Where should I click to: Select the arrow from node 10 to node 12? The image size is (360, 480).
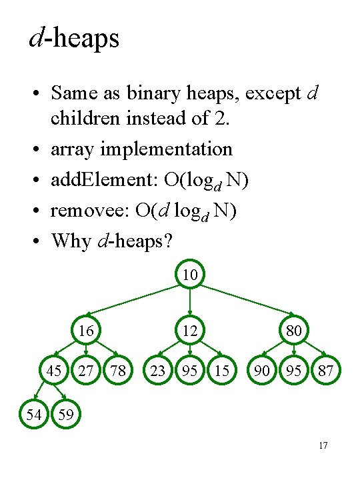[190, 302]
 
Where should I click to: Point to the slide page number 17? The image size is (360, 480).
[323, 445]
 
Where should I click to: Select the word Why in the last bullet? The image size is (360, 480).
[71, 241]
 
